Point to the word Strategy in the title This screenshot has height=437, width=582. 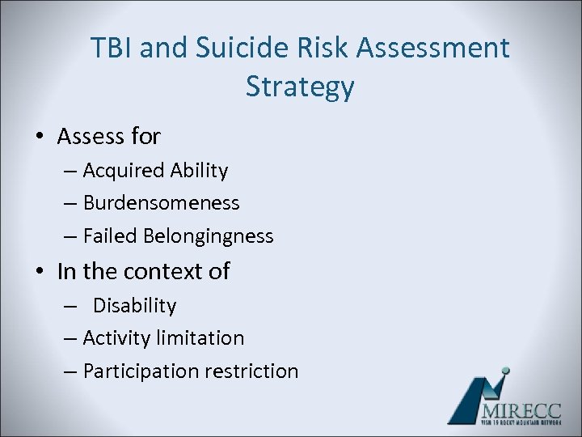[x=300, y=87]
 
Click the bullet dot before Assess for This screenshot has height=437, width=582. [x=40, y=138]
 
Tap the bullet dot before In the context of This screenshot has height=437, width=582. [x=40, y=272]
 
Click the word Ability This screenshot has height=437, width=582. [x=200, y=171]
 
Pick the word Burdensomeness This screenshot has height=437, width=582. [x=161, y=203]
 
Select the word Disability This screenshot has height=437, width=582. [x=134, y=306]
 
